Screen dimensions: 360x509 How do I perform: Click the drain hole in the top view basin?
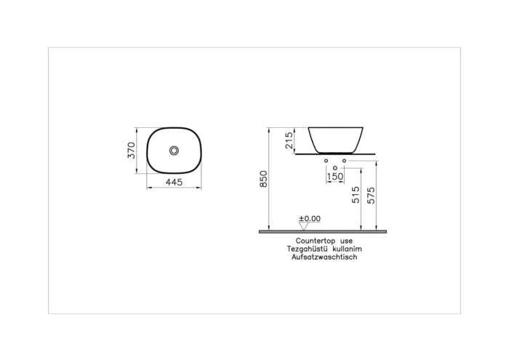pos(174,151)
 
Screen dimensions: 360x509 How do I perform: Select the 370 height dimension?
pos(132,151)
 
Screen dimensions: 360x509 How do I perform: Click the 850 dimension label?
pos(264,179)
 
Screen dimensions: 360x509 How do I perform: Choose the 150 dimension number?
pos(335,177)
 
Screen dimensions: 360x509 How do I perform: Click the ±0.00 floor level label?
pos(310,218)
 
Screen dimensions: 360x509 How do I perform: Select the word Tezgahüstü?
pos(306,248)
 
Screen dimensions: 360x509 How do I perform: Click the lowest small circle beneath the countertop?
pos(334,168)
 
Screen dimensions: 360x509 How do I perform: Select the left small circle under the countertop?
pos(326,160)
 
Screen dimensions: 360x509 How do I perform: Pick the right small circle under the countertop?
pos(344,160)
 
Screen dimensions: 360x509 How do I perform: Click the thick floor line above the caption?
pos(322,231)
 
